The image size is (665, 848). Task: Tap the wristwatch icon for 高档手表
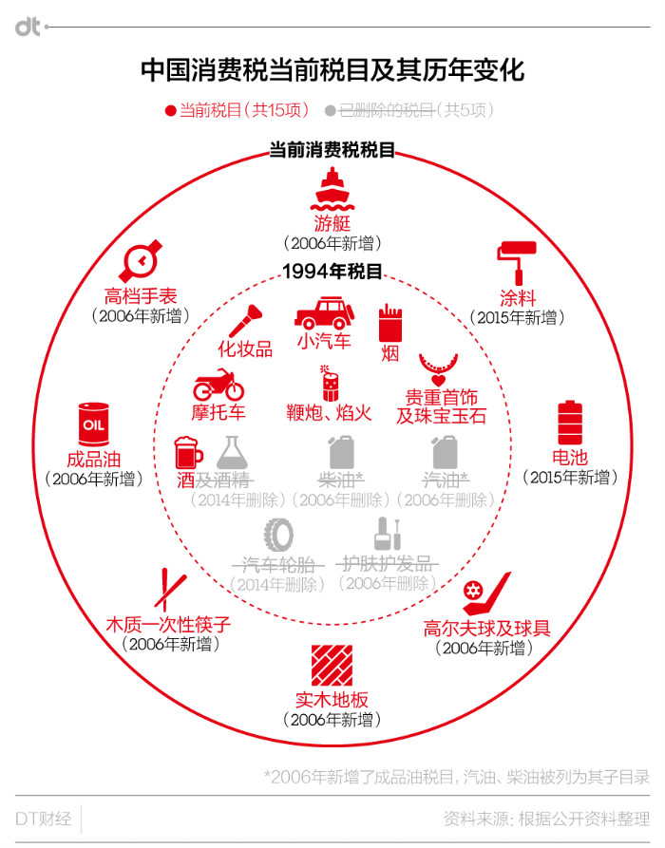click(x=141, y=258)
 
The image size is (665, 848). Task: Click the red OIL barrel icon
click(x=93, y=423)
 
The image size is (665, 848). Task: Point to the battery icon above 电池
click(x=570, y=422)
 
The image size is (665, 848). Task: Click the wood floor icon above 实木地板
click(x=332, y=667)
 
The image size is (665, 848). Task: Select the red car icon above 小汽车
click(x=324, y=313)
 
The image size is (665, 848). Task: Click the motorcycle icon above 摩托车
click(x=218, y=385)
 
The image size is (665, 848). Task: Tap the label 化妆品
click(x=245, y=349)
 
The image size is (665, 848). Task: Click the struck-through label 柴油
click(x=341, y=479)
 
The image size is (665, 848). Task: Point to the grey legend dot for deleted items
click(x=331, y=110)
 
